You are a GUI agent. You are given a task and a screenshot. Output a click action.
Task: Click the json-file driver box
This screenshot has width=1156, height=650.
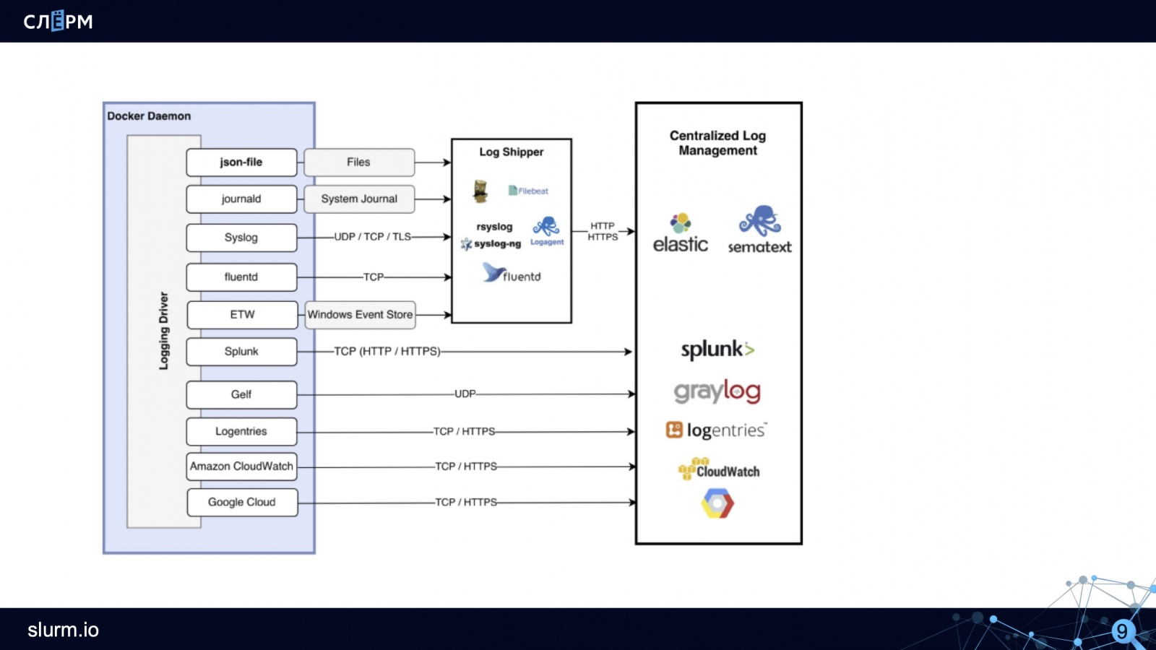point(241,162)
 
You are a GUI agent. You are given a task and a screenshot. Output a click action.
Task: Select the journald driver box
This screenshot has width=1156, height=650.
point(241,199)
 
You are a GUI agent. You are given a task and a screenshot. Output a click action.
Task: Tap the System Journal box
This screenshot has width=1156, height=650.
point(359,199)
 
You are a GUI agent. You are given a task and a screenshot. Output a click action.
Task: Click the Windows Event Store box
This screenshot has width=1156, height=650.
point(360,315)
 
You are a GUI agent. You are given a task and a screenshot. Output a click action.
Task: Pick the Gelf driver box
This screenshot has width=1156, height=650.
point(241,395)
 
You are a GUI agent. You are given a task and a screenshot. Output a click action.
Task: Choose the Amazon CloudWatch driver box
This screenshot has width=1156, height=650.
point(241,467)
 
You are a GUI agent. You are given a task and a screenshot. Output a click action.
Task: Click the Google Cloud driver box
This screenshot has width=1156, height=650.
point(242,503)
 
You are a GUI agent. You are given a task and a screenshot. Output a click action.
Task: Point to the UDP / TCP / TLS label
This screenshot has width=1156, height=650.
point(372,237)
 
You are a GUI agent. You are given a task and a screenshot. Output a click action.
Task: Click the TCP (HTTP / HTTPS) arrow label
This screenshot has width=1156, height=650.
point(387,352)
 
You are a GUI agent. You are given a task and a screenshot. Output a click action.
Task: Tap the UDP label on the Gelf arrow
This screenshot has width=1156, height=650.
point(465,394)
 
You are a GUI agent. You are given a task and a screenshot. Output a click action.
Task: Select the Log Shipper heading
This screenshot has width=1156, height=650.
point(511,152)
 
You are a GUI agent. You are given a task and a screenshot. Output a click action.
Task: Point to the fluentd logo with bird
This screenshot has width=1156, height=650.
point(512,274)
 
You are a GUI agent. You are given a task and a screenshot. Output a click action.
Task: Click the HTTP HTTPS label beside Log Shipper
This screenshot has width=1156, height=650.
point(603,232)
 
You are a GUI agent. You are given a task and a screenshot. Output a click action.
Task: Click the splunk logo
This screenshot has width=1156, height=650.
point(717,350)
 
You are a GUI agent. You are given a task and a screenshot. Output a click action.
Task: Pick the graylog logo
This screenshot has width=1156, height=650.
point(717,391)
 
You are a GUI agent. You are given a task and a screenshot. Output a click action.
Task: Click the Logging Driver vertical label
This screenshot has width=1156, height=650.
point(164,331)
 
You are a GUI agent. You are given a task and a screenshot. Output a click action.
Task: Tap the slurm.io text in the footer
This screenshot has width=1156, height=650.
point(63,630)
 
